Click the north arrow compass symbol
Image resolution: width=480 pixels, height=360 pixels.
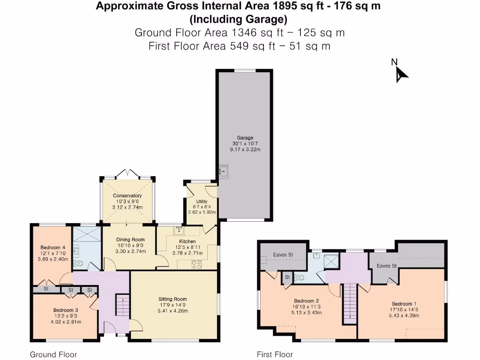(401, 74)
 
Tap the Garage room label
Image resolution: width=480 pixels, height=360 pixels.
(245, 138)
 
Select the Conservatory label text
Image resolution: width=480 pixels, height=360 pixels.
(127, 195)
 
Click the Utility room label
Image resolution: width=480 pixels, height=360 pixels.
(202, 202)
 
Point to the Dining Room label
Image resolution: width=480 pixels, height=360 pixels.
(130, 240)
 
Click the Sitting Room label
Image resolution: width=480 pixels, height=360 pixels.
(172, 299)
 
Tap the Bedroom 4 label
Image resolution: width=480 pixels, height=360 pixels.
(52, 247)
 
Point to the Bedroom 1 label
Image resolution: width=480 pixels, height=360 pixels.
(403, 304)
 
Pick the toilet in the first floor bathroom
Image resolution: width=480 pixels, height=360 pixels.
(300, 277)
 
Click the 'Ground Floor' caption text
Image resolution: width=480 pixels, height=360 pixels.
(53, 354)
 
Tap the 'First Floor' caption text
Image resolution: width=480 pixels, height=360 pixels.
(275, 354)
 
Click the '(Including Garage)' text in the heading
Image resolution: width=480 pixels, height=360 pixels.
(238, 19)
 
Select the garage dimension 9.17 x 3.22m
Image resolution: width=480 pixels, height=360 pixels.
(245, 150)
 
